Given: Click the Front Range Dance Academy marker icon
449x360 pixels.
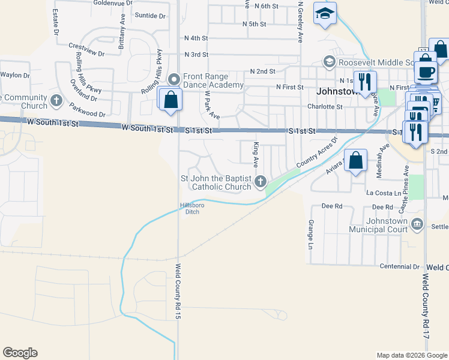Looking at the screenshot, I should [175, 79].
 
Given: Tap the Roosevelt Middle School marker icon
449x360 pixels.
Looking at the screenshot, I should [329, 62].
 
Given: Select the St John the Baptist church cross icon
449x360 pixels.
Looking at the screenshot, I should [261, 181].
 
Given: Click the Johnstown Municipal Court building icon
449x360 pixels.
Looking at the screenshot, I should [418, 225].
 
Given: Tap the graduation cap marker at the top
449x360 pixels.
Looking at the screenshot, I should [325, 13].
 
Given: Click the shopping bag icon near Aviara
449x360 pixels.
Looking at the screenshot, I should [356, 160].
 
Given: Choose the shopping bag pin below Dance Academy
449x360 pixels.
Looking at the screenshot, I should [170, 99].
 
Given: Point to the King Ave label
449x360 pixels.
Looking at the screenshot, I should [256, 154].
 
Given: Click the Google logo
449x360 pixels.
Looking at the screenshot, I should [20, 353].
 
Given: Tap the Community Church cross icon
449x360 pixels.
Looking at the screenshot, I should [56, 100].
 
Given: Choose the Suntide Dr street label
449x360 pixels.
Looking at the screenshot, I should [150, 16].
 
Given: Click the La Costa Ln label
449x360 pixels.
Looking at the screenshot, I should [384, 193].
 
